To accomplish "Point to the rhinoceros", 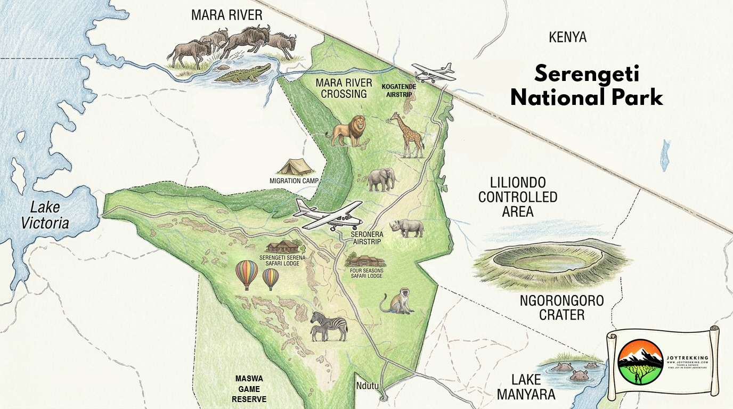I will click(408, 228).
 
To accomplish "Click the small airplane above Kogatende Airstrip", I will click(434, 72).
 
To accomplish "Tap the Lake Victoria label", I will click(45, 215).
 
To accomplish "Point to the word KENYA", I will click(567, 37).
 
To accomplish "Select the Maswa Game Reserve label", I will click(249, 389).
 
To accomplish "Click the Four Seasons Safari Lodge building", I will click(365, 261).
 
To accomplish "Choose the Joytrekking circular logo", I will click(640, 362).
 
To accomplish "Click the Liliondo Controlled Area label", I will click(517, 197).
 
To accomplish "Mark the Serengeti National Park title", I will click(587, 85).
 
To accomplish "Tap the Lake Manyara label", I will click(533, 387).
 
